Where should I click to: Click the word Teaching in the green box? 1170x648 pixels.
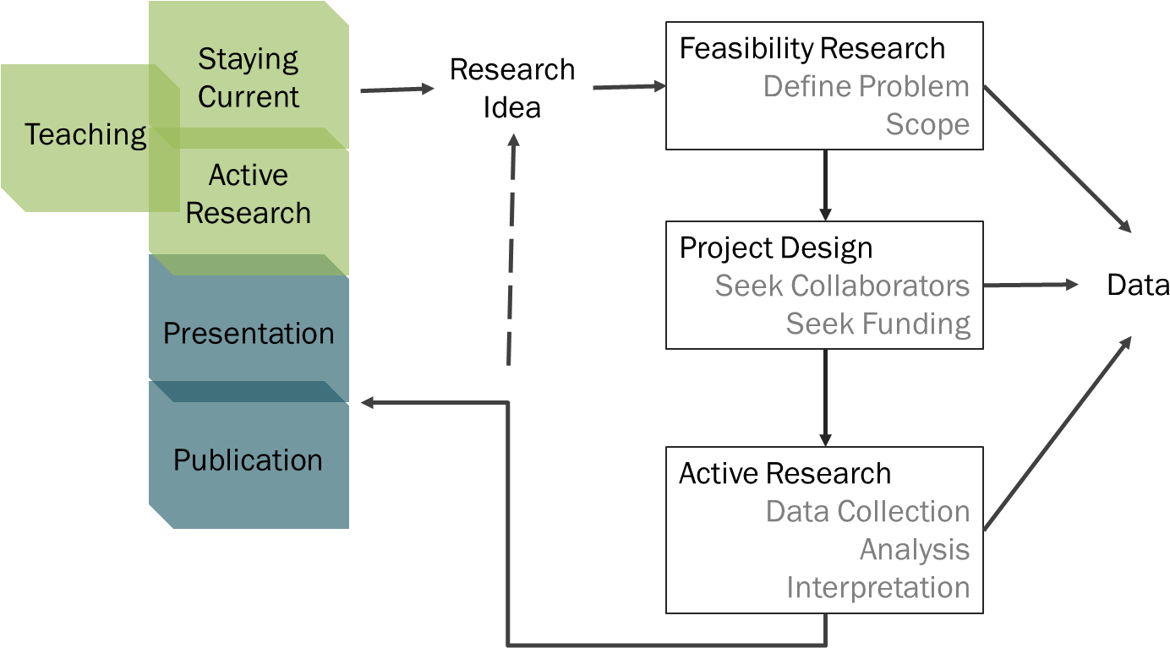tap(85, 134)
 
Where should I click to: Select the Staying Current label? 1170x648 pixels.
tap(249, 78)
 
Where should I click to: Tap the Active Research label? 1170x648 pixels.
tap(249, 193)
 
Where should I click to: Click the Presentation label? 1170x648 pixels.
tap(249, 333)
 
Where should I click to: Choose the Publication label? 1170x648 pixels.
tap(248, 460)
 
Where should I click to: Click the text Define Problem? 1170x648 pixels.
tap(866, 86)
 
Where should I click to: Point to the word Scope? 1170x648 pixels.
tap(927, 124)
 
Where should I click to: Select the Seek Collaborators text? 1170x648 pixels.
tap(842, 286)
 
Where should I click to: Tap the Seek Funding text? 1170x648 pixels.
tap(877, 324)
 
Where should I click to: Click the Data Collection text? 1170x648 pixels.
tap(867, 511)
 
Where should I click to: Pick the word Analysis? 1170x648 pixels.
tap(914, 549)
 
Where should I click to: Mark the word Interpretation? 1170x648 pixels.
tap(877, 587)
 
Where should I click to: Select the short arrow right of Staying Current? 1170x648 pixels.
tap(396, 88)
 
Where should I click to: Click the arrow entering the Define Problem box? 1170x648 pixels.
tap(629, 86)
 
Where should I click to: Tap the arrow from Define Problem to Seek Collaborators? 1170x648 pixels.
tap(825, 185)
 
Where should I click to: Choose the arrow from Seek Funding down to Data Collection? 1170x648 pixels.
tap(825, 397)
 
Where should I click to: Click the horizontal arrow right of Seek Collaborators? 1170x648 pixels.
tap(1031, 286)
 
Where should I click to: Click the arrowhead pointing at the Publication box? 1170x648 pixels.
tap(369, 403)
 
